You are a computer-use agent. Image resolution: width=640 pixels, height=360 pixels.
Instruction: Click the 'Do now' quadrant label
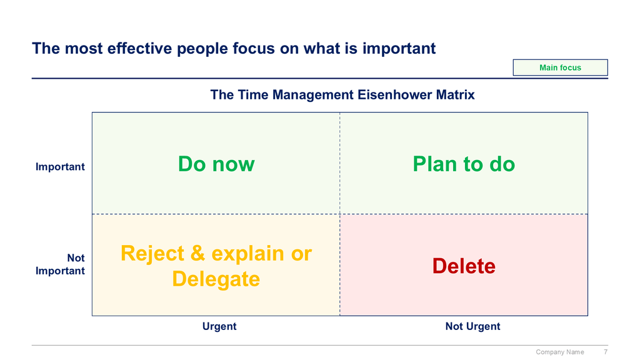(216, 164)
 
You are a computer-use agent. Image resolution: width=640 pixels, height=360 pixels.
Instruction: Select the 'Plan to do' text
(464, 164)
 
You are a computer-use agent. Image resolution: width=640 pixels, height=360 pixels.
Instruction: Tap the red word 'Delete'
(464, 266)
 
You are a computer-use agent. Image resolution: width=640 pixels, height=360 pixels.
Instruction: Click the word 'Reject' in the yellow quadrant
(152, 254)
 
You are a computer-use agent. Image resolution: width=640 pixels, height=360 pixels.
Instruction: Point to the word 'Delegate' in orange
(216, 279)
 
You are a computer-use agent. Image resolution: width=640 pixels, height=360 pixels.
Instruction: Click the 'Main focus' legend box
(560, 67)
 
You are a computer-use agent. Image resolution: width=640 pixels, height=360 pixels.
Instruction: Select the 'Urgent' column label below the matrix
(219, 326)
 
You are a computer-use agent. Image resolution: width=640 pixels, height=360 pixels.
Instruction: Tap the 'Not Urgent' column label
(472, 326)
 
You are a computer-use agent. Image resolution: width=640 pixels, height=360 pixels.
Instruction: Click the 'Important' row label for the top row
(60, 167)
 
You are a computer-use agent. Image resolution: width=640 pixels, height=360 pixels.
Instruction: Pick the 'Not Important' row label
(60, 264)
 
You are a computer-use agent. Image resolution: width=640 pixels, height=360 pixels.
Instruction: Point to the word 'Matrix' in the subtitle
(455, 95)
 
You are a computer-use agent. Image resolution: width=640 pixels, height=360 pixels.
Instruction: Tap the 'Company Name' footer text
(559, 352)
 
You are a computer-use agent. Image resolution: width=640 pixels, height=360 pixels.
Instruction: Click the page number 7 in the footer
(606, 352)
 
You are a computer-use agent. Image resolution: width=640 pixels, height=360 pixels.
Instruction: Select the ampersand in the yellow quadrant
(197, 254)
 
